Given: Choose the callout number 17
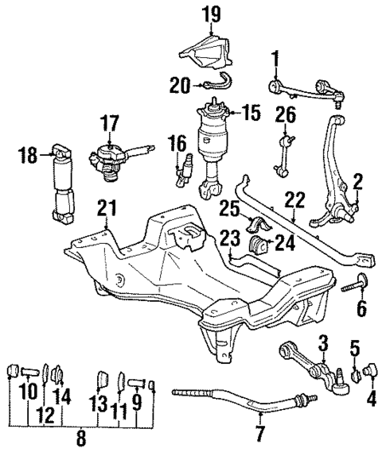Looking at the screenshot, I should click(107, 124).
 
